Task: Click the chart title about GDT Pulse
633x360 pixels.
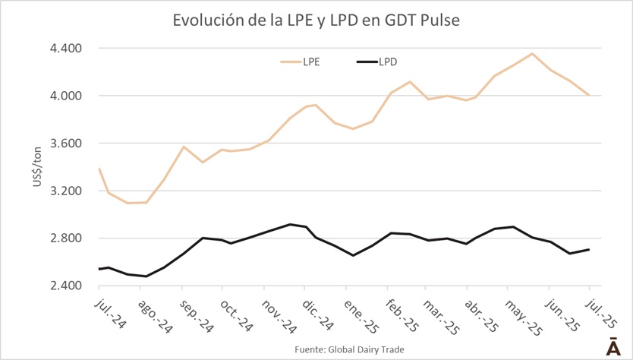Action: [x=316, y=21]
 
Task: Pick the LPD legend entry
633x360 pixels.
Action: [x=388, y=62]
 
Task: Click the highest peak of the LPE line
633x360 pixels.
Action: [x=532, y=54]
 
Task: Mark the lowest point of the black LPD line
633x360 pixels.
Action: [x=146, y=276]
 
